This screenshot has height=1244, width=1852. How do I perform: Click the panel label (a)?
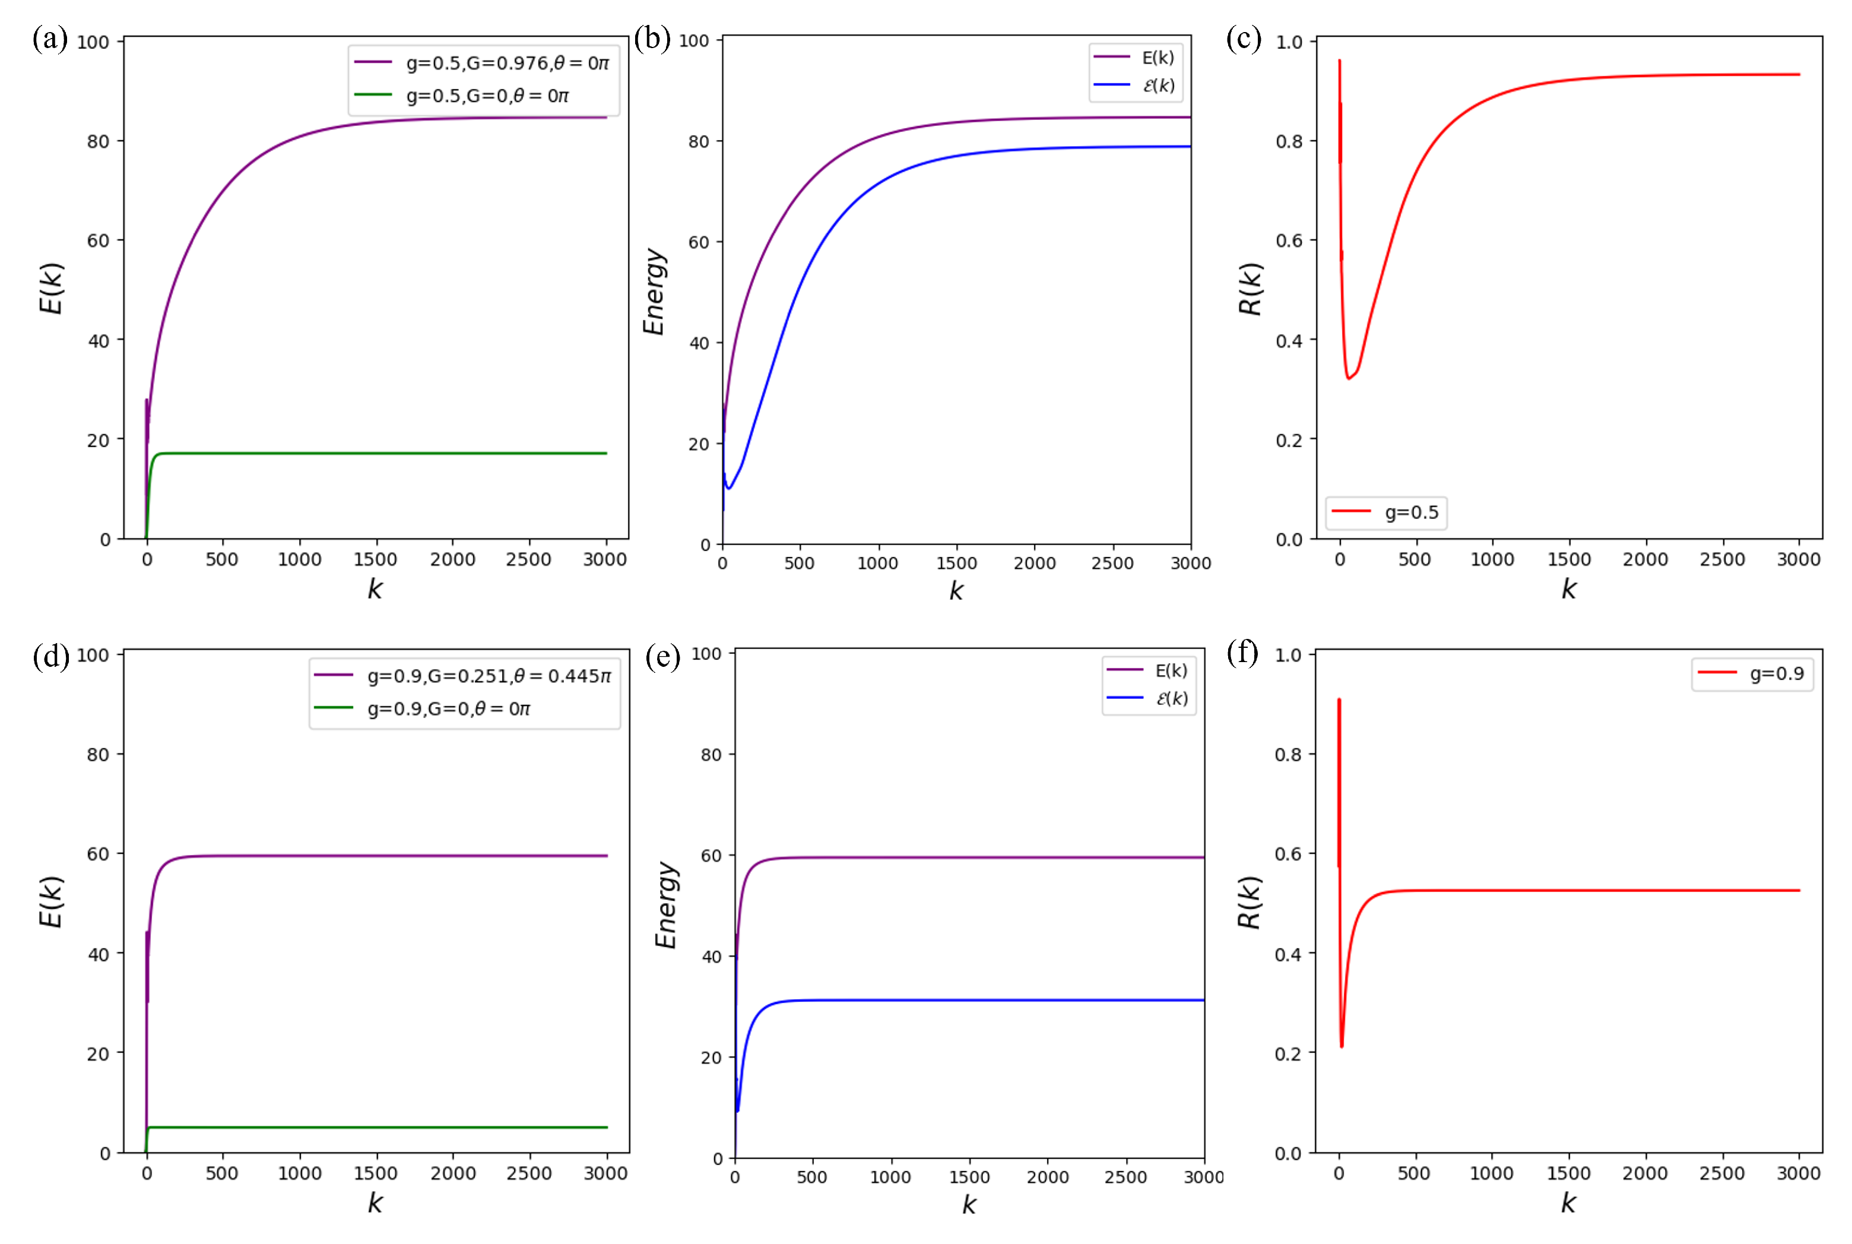[50, 38]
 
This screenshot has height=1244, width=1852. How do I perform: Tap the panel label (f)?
[1242, 652]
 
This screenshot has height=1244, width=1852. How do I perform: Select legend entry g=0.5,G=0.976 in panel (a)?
[506, 63]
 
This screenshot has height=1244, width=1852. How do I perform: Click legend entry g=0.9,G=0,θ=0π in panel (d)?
[448, 708]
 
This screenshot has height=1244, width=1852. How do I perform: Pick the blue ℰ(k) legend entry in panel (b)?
[1157, 85]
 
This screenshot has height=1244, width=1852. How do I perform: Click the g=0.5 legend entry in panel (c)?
[1410, 512]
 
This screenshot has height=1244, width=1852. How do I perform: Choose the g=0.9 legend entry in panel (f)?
[1776, 673]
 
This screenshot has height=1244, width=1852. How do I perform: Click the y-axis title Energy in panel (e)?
[666, 904]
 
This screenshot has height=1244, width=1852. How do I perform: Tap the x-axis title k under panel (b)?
[956, 590]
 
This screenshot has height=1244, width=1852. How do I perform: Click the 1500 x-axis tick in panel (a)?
[375, 559]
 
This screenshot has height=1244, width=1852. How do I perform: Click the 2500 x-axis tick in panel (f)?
[1721, 1173]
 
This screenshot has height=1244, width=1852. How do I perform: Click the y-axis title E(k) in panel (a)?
[51, 289]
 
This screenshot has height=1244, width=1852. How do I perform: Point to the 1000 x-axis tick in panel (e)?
[890, 1177]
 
